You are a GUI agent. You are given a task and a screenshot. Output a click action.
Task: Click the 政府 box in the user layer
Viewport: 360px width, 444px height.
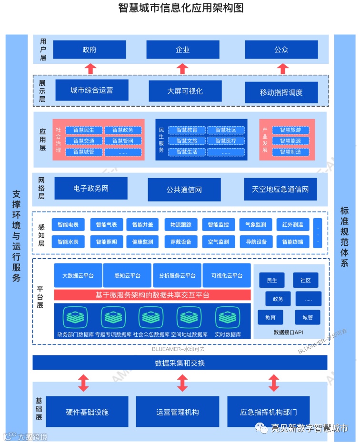pos(89,50)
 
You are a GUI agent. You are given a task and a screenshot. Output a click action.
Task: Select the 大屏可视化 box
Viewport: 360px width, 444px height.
pos(185,91)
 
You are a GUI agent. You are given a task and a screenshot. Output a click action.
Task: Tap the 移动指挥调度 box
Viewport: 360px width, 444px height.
pos(281,92)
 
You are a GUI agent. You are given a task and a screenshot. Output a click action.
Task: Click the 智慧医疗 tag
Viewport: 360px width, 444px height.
pos(226,141)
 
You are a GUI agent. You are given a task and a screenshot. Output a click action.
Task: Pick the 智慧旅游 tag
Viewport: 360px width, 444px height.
pos(290,130)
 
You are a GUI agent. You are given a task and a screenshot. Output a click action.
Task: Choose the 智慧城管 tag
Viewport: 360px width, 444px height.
pos(83,152)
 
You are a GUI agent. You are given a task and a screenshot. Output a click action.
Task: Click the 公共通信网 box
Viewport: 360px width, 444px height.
pos(184,190)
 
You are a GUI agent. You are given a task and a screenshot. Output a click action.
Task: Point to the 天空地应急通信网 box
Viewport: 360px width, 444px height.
pos(280,189)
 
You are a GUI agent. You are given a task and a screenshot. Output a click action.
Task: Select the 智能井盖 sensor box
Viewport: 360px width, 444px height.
pos(143,224)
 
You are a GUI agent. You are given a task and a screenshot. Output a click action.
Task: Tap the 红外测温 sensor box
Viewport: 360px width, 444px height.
pos(293,224)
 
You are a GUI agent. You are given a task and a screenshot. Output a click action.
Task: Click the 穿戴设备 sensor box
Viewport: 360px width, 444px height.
pos(180,242)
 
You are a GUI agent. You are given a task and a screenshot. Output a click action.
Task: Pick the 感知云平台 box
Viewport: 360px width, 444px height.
pos(127,276)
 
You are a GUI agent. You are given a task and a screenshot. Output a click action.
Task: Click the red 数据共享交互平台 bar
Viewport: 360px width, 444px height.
pos(152,295)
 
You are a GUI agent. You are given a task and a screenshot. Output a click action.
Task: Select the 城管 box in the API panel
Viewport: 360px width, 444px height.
pos(307,317)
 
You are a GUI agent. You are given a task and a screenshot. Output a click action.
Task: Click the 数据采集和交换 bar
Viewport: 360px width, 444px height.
pos(180,363)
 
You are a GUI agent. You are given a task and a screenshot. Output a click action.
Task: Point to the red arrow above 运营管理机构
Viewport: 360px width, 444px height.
pos(182,383)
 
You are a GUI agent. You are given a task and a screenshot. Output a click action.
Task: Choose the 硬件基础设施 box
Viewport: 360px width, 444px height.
pos(87,412)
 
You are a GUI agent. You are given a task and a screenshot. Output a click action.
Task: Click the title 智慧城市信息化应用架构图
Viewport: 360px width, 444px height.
pos(180,8)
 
